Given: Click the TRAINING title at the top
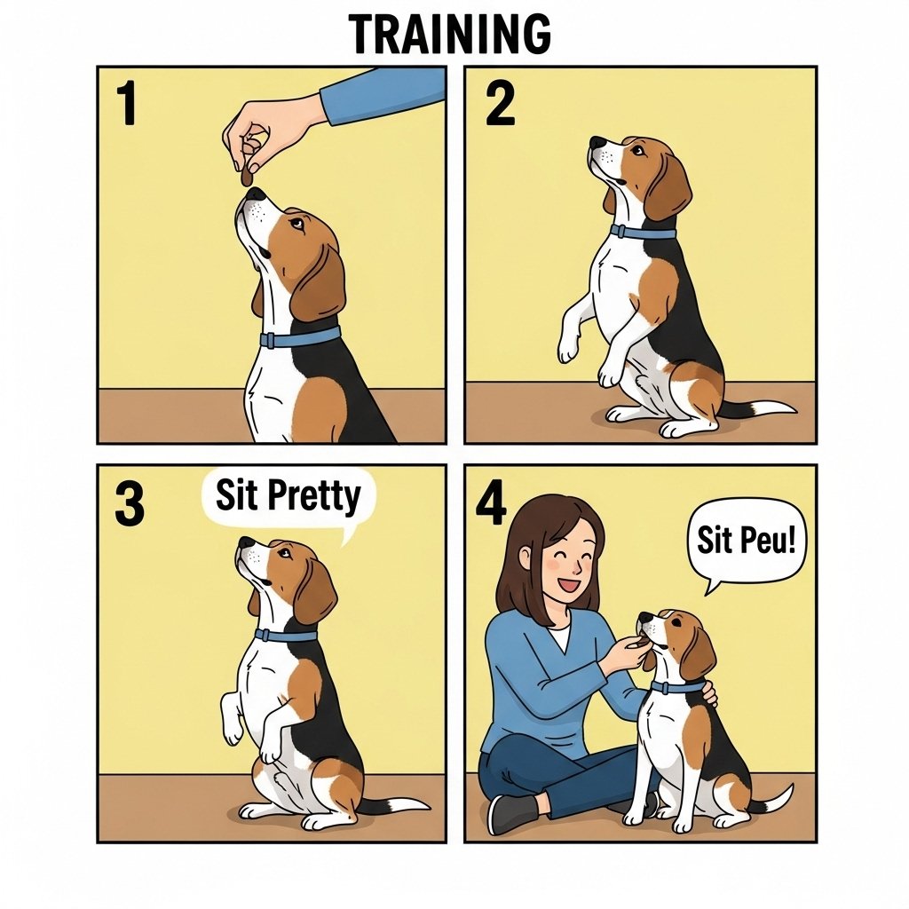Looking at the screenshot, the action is coord(450,34).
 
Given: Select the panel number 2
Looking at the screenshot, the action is coord(500,105).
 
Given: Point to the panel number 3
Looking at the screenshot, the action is coord(130,504).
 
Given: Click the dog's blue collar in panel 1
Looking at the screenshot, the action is coord(300,337).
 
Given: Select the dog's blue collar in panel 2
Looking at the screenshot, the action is coord(643,233).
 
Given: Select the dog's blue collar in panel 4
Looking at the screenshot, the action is coord(677,688).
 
